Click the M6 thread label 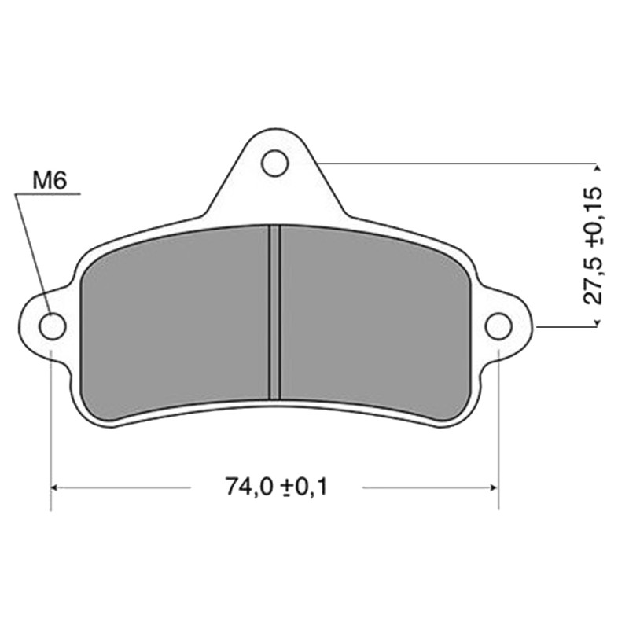49,180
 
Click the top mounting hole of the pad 274,164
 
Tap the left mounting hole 52,326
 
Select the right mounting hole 498,326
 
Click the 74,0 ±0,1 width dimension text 275,487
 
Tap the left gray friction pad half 177,322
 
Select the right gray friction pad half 373,322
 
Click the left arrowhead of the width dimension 56,487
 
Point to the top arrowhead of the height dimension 598,167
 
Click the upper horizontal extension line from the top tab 456,164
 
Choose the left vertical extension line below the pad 51,425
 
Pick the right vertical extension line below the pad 498,425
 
